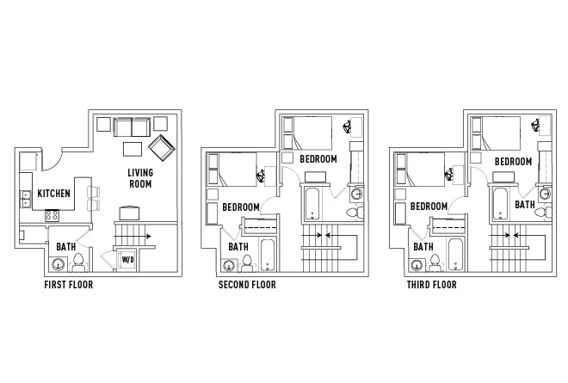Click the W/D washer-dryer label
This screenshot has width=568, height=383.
pos(128,260)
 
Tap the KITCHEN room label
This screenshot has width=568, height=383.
pos(54,194)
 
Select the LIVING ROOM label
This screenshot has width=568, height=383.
pos(140,178)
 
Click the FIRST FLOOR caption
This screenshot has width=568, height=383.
pos(69,285)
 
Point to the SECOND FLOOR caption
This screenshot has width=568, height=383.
pos(247,285)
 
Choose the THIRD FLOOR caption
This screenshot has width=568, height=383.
pos(431,285)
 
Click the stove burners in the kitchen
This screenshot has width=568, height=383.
pos(52,215)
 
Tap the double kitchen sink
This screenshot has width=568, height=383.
pos(26,199)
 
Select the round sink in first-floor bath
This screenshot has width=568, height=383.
pos(58,265)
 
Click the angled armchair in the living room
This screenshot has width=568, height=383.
pos(162,149)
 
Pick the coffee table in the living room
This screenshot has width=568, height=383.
pos(133,149)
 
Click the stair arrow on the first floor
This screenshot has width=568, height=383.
pos(133,236)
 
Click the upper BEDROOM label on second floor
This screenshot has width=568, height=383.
pos(318,159)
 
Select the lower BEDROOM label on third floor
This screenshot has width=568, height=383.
pos(429,207)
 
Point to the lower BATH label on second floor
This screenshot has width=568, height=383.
pos(238,247)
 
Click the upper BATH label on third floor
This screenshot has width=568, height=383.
pos(525,205)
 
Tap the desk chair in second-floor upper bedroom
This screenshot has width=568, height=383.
pos(348,127)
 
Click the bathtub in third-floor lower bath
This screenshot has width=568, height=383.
pos(455,255)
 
